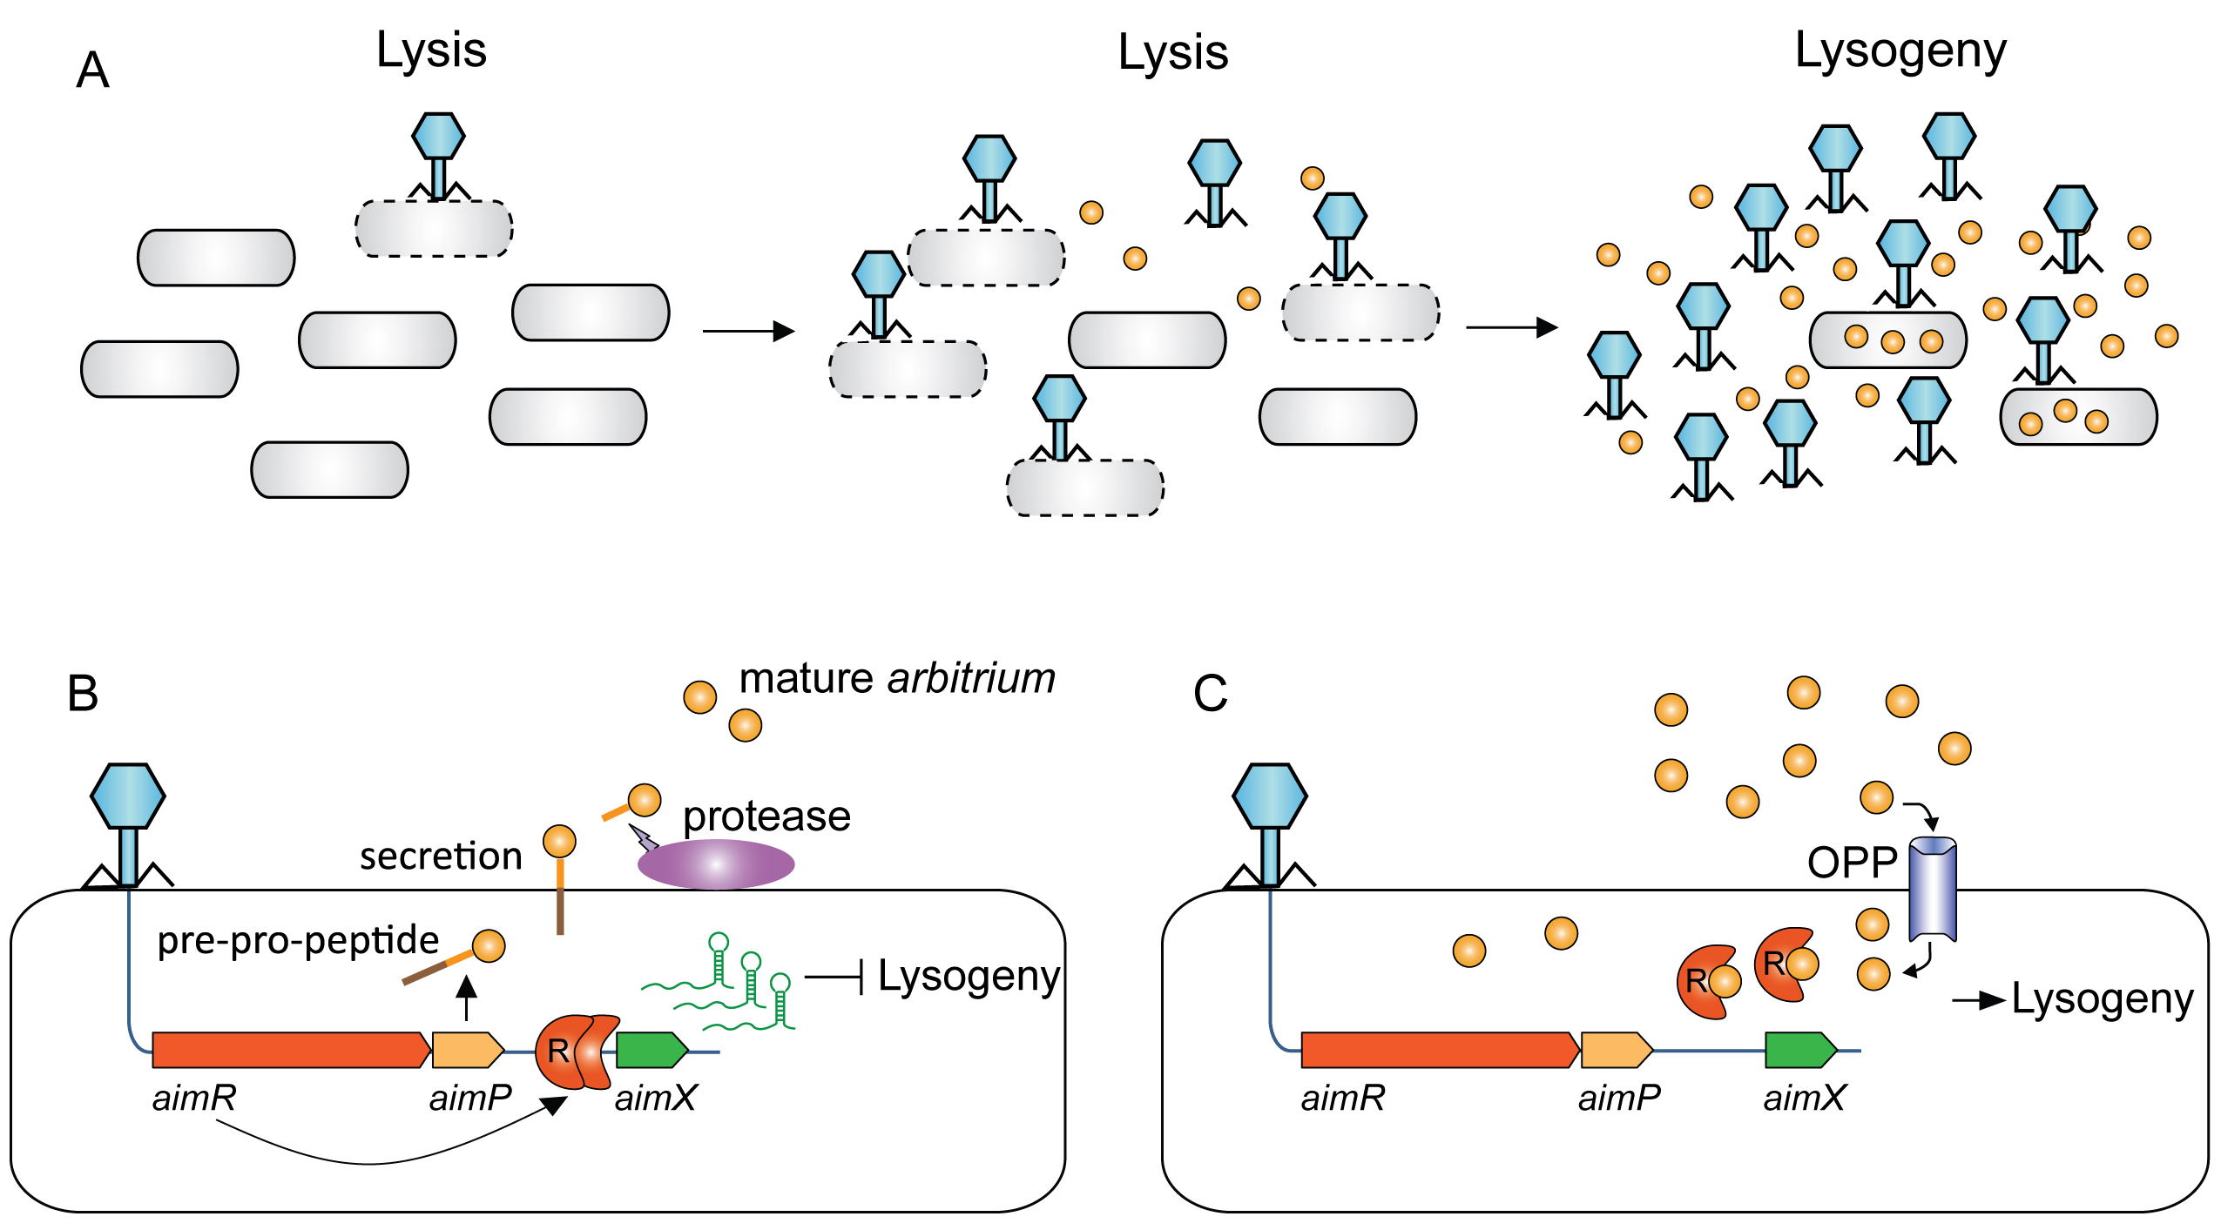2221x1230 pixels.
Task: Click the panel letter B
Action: tap(83, 694)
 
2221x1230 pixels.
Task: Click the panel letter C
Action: tap(1210, 694)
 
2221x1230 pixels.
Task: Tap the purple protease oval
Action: tap(716, 864)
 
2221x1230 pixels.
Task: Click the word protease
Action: tap(766, 817)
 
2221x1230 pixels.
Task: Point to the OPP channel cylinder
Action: tap(1933, 889)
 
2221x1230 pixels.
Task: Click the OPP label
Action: tap(1852, 863)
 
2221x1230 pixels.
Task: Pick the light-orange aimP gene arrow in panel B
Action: tap(467, 1050)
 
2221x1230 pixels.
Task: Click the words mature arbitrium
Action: tap(897, 679)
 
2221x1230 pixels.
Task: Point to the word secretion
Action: tap(441, 857)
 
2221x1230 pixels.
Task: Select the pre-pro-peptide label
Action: tap(298, 941)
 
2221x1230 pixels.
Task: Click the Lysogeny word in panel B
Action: tap(968, 977)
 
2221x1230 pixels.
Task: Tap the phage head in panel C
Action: tap(1270, 796)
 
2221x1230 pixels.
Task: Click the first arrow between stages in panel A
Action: tap(748, 331)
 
